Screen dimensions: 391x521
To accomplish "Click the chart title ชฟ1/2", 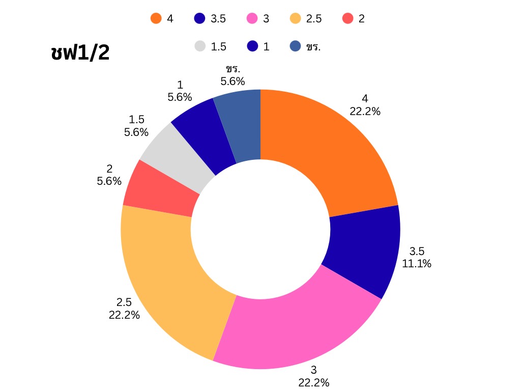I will click(x=80, y=52).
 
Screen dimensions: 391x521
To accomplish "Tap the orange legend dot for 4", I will click(x=156, y=19).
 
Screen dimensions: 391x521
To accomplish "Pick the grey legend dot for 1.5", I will click(x=200, y=46).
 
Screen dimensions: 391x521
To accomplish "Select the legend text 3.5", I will click(x=218, y=19).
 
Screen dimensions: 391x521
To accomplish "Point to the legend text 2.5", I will click(x=313, y=19).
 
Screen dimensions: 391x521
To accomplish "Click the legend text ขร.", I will click(x=313, y=47).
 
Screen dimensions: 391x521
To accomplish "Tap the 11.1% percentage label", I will click(x=417, y=264).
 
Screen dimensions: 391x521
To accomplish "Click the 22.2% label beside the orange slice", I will click(x=365, y=111).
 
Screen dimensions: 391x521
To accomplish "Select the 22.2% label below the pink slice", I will click(x=314, y=382).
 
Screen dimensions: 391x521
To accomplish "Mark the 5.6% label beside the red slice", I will click(x=109, y=181).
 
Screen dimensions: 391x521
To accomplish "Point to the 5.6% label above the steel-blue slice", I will click(x=233, y=81).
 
